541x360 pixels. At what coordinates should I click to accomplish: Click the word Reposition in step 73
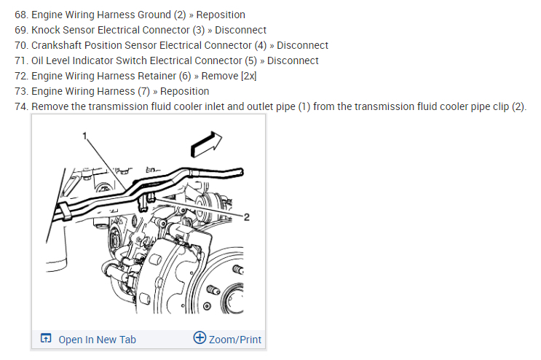pos(184,91)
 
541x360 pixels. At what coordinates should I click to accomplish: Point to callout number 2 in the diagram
pos(246,217)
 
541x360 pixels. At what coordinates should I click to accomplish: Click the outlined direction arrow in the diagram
pos(205,143)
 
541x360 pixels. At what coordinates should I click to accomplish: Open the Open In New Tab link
pos(97,339)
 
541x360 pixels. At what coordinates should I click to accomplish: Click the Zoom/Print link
pos(234,339)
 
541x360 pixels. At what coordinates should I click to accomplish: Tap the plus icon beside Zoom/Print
pos(200,338)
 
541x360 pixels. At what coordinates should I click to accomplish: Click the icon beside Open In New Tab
pos(46,339)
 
